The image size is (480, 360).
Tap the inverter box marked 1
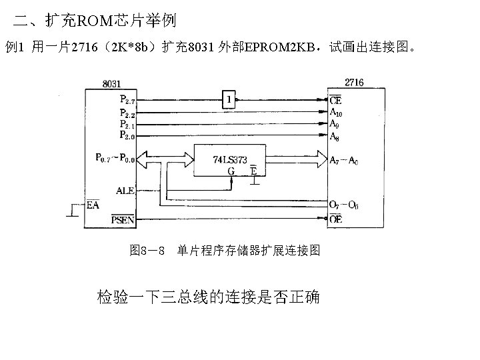[229, 100]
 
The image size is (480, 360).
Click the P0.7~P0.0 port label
[115, 159]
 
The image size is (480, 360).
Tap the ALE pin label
[125, 191]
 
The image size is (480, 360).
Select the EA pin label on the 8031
[94, 205]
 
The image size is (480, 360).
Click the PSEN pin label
[123, 219]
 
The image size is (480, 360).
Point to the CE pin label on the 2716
[336, 101]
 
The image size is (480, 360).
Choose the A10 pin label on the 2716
[337, 113]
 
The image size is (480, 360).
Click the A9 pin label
[335, 124]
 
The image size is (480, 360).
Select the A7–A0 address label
[344, 161]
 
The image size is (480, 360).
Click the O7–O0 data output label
[344, 204]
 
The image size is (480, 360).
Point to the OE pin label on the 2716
[336, 219]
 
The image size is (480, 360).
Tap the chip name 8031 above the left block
[111, 84]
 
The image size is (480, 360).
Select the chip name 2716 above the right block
[355, 83]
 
